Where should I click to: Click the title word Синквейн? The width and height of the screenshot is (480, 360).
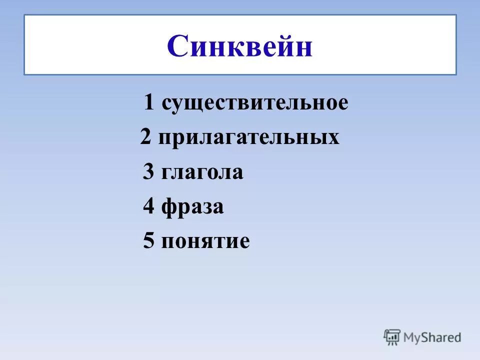[x=240, y=46]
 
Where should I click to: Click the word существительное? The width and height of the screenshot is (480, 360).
[x=255, y=103]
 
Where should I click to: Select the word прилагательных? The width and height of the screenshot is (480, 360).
[x=249, y=137]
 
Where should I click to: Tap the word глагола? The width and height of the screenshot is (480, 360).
[x=202, y=172]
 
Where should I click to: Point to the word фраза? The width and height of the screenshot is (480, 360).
[x=192, y=207]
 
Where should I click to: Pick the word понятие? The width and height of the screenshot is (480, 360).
[x=205, y=241]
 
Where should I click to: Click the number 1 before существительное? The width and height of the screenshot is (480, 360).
[x=149, y=103]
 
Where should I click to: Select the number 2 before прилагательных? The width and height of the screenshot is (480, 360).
[x=145, y=137]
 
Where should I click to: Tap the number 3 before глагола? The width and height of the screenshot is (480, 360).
[x=148, y=172]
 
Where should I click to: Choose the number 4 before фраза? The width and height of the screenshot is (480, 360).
[x=148, y=206]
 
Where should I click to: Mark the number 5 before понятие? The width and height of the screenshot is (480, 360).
[x=148, y=241]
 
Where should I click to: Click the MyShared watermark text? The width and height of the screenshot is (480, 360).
[x=433, y=337]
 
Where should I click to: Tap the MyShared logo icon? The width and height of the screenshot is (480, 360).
[x=392, y=337]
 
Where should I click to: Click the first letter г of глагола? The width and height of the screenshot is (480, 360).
[x=167, y=173]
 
